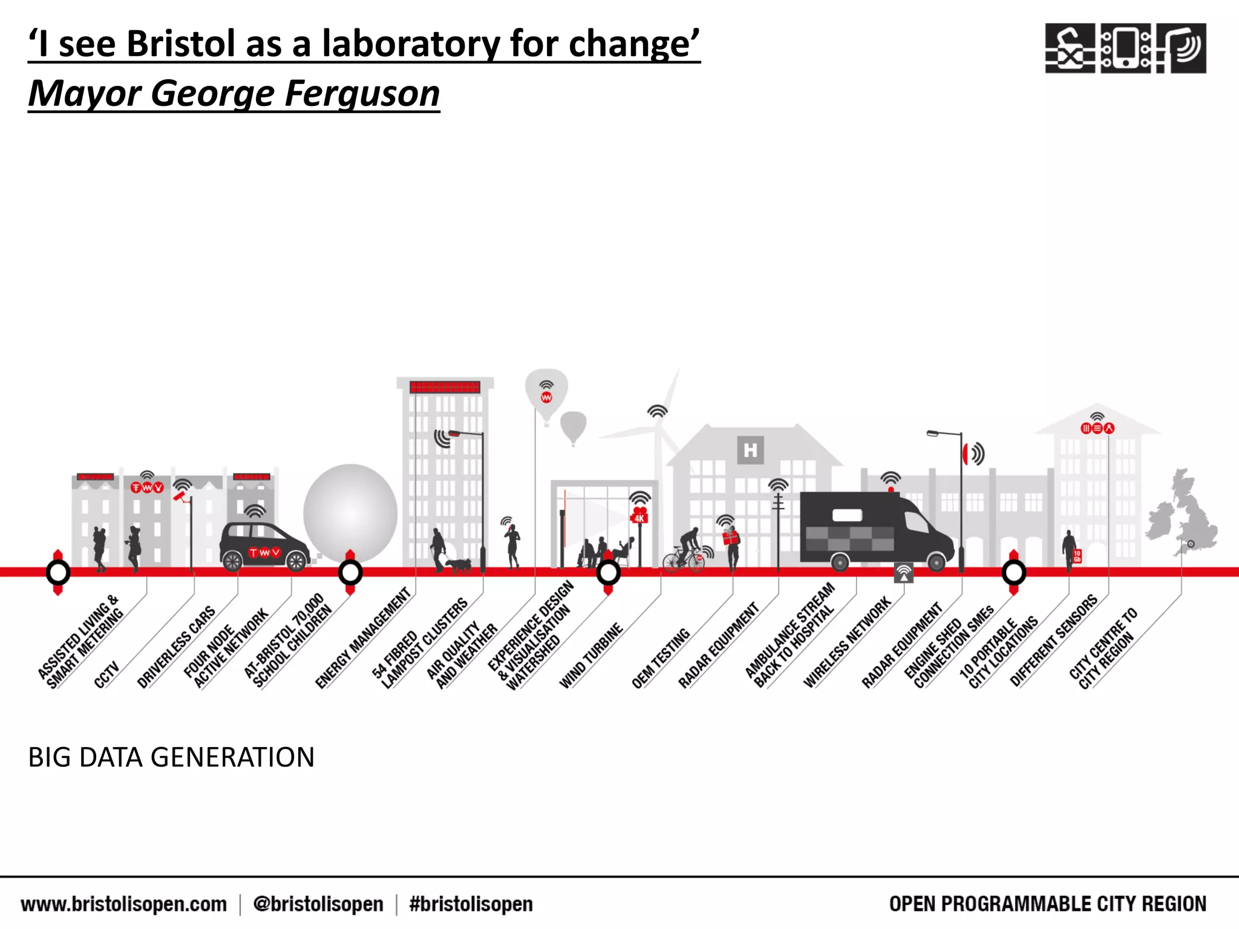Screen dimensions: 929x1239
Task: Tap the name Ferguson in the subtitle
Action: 362,94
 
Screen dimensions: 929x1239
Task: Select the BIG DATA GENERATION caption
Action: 171,757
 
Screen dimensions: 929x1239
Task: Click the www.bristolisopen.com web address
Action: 123,904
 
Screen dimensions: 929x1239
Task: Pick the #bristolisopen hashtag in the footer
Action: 471,904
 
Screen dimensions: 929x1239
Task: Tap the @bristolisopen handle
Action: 318,904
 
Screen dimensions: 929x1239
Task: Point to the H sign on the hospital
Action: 750,450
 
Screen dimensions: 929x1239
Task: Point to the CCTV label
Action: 106,676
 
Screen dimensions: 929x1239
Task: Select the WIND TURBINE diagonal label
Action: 591,656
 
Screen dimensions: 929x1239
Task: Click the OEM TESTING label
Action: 661,659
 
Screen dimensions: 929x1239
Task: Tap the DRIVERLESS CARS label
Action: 176,647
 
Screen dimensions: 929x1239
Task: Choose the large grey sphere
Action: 350,513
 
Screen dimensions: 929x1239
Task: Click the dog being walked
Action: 459,566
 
